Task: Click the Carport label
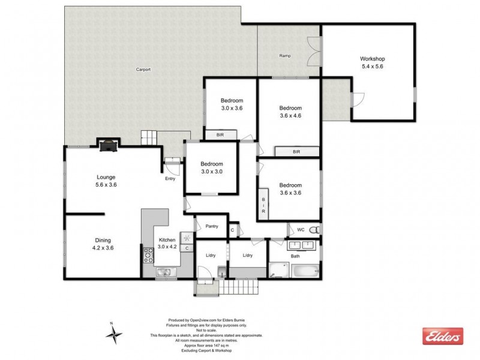pos(143,70)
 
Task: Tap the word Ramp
pos(285,56)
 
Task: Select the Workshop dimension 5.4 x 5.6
pos(371,67)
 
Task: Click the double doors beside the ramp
pos(313,51)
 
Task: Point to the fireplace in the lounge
pos(108,144)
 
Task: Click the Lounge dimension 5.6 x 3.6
pos(106,185)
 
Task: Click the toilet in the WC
pos(317,230)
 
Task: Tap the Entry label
pos(171,178)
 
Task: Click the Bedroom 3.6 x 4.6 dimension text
pos(290,116)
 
